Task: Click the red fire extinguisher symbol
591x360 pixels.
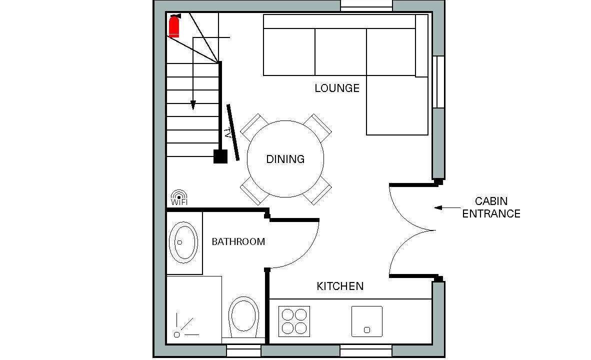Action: [x=174, y=26]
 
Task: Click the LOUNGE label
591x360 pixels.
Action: [x=337, y=88]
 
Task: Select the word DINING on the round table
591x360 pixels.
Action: [x=285, y=159]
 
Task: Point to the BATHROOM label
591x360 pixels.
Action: [x=238, y=241]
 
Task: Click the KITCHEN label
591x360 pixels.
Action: [x=340, y=286]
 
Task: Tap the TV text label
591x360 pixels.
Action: [x=227, y=134]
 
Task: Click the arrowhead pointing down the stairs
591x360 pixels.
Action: [x=193, y=105]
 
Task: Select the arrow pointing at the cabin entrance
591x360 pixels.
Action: [x=447, y=207]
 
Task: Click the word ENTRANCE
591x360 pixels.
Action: [x=491, y=213]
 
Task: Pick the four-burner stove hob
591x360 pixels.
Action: [x=294, y=321]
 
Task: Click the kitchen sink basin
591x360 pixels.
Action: [x=366, y=321]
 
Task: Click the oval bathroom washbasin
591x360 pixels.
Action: [x=183, y=242]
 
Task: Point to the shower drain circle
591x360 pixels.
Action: [x=177, y=334]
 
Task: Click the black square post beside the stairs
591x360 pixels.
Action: [x=220, y=156]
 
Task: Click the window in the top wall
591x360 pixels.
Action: [x=366, y=5]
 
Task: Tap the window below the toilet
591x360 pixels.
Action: [x=243, y=351]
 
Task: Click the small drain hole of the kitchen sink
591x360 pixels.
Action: [x=366, y=330]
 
